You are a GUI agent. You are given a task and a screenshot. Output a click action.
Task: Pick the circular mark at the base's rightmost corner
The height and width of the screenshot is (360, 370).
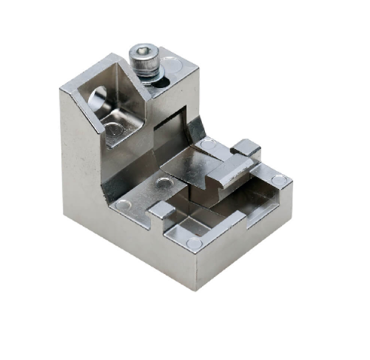coord(278,180)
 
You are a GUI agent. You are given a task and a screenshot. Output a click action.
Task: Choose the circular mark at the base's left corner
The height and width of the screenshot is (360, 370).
coord(124,204)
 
